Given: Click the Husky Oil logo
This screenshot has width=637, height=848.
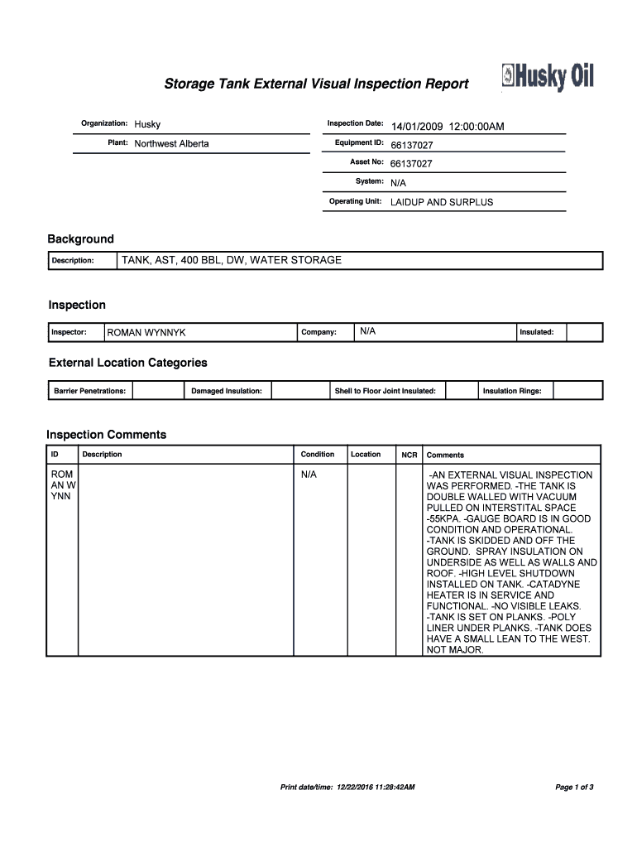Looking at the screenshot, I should click(x=547, y=78).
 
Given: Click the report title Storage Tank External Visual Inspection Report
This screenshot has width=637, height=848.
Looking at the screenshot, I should click(x=316, y=84).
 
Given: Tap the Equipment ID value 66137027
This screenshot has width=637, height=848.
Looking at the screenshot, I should click(x=411, y=145).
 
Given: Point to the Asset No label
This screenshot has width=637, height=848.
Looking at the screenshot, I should click(x=366, y=162).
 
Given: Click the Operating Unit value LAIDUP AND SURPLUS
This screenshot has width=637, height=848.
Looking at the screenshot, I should click(x=441, y=202).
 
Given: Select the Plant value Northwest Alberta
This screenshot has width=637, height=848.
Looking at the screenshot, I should click(x=172, y=144).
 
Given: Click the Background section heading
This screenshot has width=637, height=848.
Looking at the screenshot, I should click(x=80, y=239).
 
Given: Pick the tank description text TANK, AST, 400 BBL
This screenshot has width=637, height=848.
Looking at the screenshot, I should click(x=231, y=260).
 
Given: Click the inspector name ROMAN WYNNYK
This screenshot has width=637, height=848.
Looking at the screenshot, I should click(x=146, y=333).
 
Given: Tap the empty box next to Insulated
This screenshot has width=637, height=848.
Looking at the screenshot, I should click(x=584, y=332).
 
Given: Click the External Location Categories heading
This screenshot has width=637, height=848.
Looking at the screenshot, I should click(x=127, y=363).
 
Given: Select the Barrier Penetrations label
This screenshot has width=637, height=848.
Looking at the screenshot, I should click(x=89, y=391).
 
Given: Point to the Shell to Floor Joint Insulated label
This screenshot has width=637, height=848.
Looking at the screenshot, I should click(x=385, y=391).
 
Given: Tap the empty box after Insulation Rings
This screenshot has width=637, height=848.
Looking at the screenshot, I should click(x=577, y=390).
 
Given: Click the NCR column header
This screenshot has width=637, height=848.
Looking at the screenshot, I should click(x=409, y=455).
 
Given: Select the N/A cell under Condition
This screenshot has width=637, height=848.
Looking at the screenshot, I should click(x=309, y=475).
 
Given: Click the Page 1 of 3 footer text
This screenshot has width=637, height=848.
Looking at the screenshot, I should click(x=574, y=787).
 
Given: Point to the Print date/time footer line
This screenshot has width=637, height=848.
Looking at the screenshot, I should click(x=347, y=787).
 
